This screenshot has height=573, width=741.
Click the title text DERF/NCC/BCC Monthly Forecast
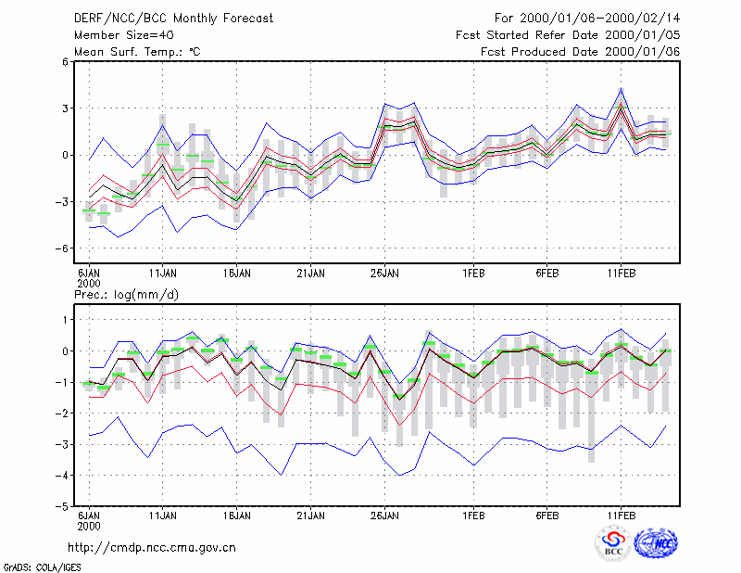click(173, 19)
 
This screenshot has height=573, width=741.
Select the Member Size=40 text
click(124, 35)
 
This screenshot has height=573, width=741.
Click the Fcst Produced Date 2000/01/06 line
click(580, 52)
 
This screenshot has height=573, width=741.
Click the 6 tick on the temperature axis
click(65, 61)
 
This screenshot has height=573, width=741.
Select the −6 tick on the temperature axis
click(61, 248)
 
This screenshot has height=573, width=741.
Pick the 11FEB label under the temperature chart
click(622, 274)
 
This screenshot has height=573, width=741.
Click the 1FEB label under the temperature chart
click(473, 274)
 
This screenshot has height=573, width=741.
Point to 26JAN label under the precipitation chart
click(384, 516)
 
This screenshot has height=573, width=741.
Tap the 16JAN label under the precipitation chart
click(237, 516)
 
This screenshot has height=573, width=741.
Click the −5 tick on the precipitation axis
click(61, 506)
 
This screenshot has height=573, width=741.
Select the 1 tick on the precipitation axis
click(66, 320)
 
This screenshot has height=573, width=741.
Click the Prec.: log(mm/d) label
click(126, 295)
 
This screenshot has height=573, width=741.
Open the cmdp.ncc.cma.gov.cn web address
click(152, 548)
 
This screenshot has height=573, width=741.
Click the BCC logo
click(613, 543)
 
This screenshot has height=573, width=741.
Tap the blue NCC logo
click(656, 543)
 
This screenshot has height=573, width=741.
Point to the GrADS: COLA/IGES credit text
click(42, 567)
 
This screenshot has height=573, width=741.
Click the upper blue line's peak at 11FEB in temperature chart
click(622, 88)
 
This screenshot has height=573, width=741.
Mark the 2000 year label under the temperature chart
click(89, 284)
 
